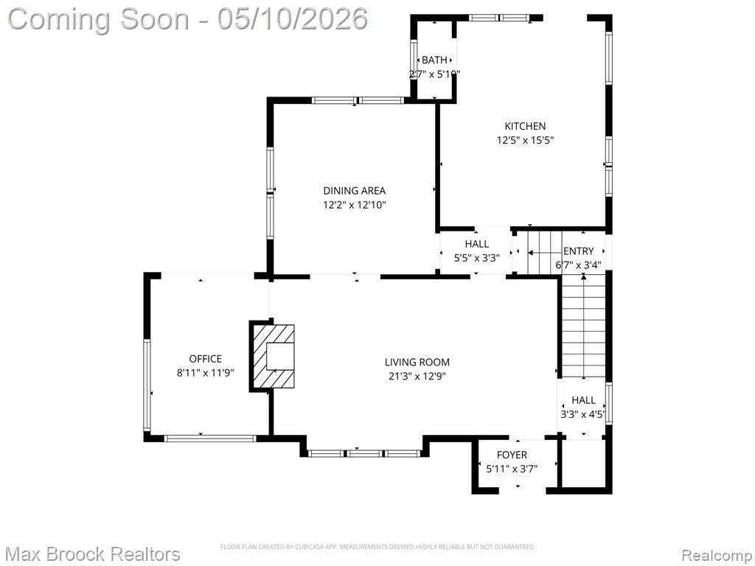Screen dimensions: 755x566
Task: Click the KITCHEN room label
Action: pos(525,126)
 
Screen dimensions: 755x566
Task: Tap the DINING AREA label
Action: pos(355,191)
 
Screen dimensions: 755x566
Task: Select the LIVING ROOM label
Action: pos(417,362)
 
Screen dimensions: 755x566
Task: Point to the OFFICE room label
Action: pos(206,359)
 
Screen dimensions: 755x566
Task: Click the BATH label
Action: pos(434,60)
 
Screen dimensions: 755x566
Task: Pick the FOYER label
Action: pos(512,455)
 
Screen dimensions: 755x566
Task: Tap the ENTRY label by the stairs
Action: pos(578,251)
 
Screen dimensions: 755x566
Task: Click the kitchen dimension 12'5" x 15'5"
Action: pos(525,141)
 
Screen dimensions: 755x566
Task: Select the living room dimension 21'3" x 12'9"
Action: pos(417,377)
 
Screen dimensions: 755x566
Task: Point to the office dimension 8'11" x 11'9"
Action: pos(206,373)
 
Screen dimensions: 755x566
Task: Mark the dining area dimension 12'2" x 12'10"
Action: pos(355,205)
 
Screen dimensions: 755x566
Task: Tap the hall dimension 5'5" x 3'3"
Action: pos(477,258)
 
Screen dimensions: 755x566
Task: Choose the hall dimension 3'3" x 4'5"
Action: pos(583,414)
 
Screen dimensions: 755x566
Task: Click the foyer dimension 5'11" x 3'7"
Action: pos(512,468)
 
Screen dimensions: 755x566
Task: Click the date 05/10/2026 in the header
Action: pos(293,19)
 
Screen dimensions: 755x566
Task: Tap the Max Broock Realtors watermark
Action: pos(94,554)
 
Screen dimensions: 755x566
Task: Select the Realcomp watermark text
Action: pos(717,555)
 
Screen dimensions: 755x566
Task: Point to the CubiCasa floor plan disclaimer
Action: pos(378,547)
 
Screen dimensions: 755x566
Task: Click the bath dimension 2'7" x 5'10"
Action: pos(434,74)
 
